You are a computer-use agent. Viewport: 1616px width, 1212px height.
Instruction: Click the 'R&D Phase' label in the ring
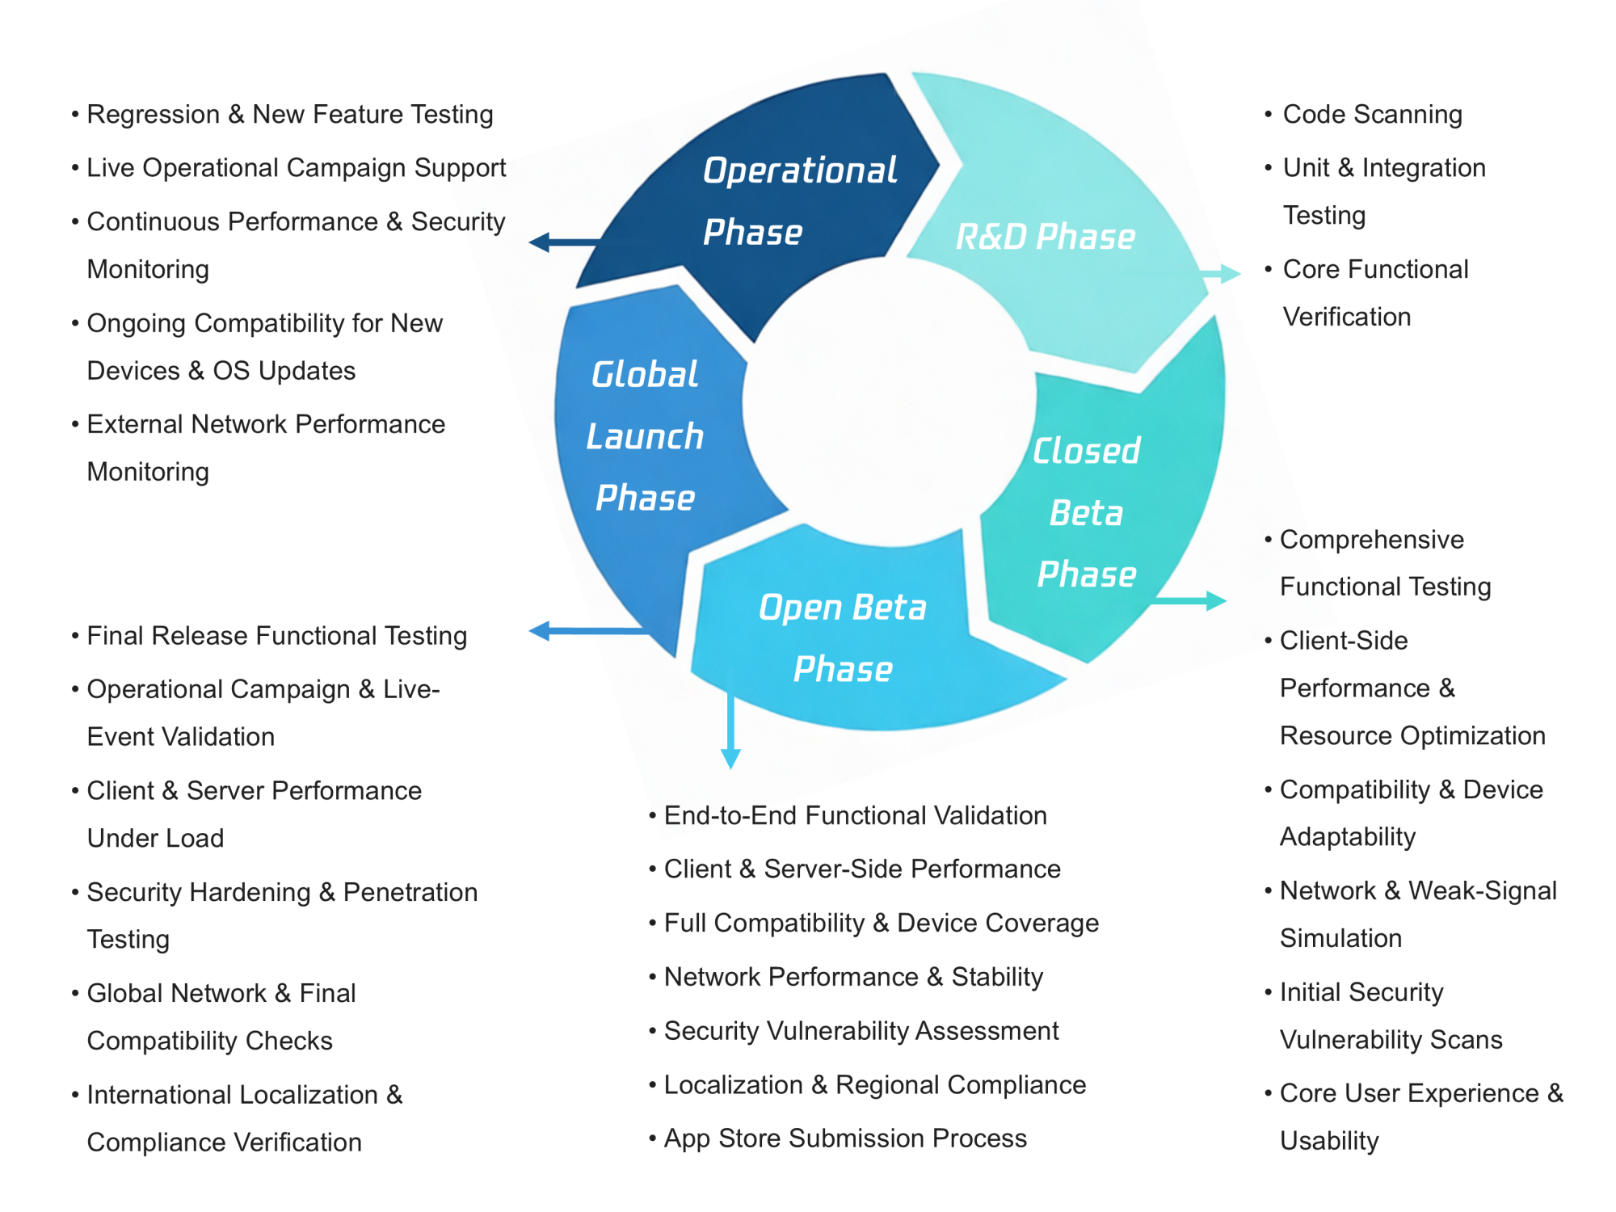pyautogui.click(x=1046, y=237)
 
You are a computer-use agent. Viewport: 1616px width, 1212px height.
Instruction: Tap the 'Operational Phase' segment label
pyautogui.click(x=798, y=201)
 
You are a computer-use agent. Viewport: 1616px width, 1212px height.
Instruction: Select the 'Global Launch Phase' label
pyautogui.click(x=645, y=436)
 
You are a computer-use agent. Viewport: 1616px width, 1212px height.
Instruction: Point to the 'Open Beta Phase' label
pyautogui.click(x=843, y=638)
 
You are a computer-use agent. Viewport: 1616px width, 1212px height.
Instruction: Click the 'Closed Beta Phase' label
pyautogui.click(x=1087, y=512)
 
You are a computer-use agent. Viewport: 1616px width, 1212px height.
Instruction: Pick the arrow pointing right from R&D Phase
pyautogui.click(x=1222, y=274)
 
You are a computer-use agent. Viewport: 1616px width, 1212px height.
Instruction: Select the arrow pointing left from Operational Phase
pyautogui.click(x=562, y=242)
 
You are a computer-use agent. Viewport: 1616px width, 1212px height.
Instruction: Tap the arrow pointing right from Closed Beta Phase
pyautogui.click(x=1192, y=600)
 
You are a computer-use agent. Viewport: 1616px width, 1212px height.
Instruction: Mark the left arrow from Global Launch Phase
pyautogui.click(x=582, y=631)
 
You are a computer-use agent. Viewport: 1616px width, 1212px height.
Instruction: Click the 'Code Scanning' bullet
pyautogui.click(x=1372, y=115)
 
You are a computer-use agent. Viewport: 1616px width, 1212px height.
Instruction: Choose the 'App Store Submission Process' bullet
pyautogui.click(x=844, y=1138)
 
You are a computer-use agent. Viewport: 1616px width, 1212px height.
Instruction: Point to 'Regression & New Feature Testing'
pyautogui.click(x=289, y=115)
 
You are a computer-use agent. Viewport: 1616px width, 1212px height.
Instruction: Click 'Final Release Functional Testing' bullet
pyautogui.click(x=276, y=636)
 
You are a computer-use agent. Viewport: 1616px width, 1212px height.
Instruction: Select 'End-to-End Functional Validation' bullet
pyautogui.click(x=855, y=816)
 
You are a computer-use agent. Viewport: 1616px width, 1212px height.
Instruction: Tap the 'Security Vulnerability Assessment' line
pyautogui.click(x=861, y=1031)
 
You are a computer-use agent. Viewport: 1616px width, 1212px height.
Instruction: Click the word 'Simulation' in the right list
pyautogui.click(x=1340, y=938)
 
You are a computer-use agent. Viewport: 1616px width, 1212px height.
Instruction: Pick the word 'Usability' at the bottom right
pyautogui.click(x=1329, y=1141)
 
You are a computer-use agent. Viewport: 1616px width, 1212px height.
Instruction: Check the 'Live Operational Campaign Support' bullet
pyautogui.click(x=296, y=168)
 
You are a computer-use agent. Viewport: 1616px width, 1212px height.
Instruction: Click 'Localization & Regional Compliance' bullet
pyautogui.click(x=874, y=1085)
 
